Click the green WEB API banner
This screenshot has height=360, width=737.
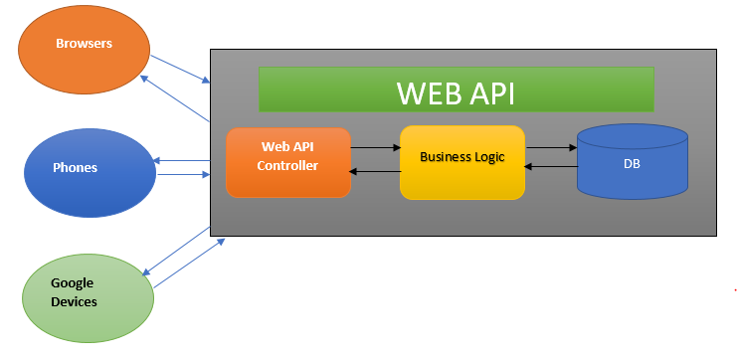coord(456,90)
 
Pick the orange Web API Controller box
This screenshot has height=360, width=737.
coord(288,162)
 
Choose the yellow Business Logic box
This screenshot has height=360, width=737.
coord(462,162)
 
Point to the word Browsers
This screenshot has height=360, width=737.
coord(84,44)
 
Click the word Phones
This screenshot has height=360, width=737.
coord(76,167)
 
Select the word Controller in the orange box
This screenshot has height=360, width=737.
coord(287,165)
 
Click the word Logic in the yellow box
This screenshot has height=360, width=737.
coord(487,157)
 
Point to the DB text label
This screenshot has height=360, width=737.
coord(632,161)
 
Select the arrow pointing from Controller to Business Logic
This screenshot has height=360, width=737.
coord(375,148)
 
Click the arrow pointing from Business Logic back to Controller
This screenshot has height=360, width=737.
coord(375,172)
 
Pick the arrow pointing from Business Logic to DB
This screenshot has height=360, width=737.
coord(551,148)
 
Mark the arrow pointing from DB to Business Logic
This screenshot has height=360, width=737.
coord(551,168)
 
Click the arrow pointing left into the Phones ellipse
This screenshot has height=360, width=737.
coord(181,160)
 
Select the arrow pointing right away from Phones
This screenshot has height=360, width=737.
coord(183,175)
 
